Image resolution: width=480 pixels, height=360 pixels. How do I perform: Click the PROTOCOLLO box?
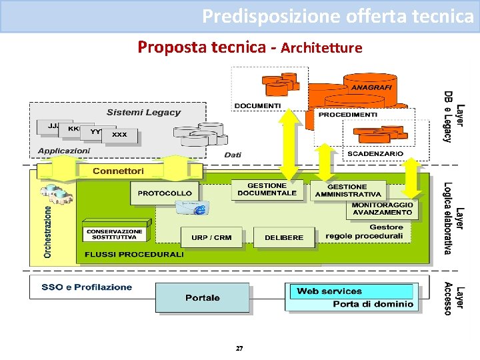tap(165, 193)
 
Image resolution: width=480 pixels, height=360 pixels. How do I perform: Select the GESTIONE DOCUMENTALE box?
tap(267, 189)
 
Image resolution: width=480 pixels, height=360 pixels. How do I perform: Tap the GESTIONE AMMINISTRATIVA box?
tap(347, 191)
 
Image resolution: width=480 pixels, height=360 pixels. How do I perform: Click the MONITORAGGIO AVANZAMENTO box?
tap(382, 209)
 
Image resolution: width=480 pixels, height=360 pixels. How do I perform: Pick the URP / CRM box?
tap(211, 237)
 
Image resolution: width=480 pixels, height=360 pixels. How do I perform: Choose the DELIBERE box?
tap(283, 237)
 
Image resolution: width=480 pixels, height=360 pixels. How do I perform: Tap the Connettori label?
tap(118, 171)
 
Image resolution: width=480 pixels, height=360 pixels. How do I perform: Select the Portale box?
tap(202, 297)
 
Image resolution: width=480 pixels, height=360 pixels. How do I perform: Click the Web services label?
tap(329, 291)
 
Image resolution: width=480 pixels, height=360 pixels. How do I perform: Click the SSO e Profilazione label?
tap(87, 287)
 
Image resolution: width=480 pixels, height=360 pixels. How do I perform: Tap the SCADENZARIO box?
tap(375, 154)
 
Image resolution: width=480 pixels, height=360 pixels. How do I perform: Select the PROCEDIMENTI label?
tap(347, 115)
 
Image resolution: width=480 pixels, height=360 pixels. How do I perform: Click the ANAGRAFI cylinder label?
tap(371, 88)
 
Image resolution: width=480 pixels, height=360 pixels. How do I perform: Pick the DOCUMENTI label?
tap(257, 106)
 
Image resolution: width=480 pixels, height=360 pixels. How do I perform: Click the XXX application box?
tap(119, 135)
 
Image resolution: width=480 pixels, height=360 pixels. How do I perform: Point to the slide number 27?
tap(239, 349)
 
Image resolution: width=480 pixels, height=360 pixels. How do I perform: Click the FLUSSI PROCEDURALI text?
tap(134, 255)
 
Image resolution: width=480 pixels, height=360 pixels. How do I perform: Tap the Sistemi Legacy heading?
tap(143, 112)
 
